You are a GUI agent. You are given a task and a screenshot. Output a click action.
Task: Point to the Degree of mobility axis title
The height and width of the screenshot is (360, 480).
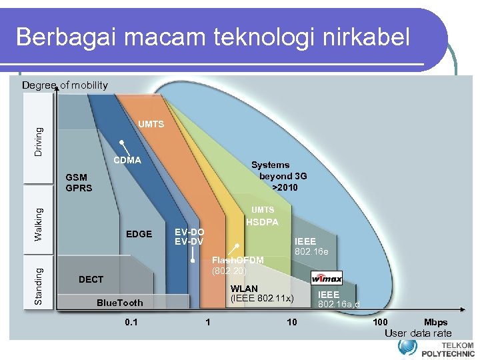(x=65, y=85)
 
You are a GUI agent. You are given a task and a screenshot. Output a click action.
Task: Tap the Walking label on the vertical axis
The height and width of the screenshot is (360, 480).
(x=39, y=225)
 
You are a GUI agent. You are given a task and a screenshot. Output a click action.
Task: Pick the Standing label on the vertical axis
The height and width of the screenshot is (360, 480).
(x=39, y=287)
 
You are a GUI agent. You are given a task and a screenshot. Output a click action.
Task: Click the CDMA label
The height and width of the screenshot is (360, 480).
(x=127, y=160)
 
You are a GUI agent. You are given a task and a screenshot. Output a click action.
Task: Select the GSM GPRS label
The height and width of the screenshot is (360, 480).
(x=79, y=183)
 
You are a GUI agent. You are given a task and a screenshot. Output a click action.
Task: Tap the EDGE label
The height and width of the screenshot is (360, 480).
(x=139, y=234)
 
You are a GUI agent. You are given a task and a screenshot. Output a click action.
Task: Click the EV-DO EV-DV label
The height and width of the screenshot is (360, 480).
(x=189, y=237)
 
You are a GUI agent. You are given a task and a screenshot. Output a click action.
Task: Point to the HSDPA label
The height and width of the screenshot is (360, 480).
(x=263, y=223)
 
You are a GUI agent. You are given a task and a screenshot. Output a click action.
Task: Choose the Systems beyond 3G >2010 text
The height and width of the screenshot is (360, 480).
(x=279, y=176)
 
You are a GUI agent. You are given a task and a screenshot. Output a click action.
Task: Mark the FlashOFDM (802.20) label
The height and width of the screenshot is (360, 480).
(x=237, y=265)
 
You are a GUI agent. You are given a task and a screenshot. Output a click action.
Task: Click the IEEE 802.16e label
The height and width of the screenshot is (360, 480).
(x=311, y=246)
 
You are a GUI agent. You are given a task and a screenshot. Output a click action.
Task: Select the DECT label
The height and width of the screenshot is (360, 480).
(x=91, y=279)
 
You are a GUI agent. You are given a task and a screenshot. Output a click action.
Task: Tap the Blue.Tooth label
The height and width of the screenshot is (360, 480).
(x=120, y=303)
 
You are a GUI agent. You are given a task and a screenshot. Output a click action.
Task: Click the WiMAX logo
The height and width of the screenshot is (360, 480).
(x=327, y=277)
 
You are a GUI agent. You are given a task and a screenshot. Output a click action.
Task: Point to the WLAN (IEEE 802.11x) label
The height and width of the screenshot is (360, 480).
(x=261, y=293)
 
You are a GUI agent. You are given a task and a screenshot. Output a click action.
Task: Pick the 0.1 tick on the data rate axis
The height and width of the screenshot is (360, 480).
(x=131, y=323)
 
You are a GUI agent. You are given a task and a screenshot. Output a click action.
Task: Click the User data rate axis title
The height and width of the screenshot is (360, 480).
(x=418, y=333)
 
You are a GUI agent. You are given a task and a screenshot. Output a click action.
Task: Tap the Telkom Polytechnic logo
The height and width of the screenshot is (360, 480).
(x=436, y=347)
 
